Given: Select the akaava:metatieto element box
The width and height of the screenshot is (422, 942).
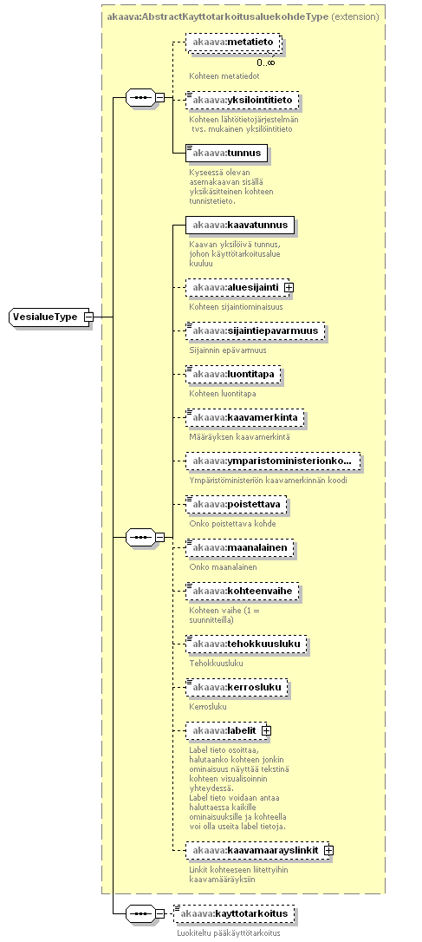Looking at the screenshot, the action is point(233,42).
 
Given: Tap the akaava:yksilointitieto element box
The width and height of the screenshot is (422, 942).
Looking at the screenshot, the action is point(242,100).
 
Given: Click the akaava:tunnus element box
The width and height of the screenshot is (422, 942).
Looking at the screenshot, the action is point(226,154).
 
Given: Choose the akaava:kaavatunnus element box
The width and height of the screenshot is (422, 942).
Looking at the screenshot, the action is point(240,226).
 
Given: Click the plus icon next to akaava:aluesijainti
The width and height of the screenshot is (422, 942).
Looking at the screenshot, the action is point(289,288).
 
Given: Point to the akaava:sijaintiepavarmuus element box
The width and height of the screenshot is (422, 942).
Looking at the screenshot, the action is point(255,331).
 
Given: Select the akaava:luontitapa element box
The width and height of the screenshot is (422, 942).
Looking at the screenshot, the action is point(233,374).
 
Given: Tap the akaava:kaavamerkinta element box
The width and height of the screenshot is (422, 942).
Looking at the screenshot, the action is point(245,417).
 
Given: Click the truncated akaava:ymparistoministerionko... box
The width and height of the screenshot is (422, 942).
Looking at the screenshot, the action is point(274,461).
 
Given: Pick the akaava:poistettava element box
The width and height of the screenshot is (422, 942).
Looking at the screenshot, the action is point(236,504).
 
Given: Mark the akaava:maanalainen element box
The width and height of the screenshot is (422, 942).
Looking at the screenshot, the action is point(240,547).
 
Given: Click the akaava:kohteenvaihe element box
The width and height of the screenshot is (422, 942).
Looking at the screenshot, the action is point(242,591).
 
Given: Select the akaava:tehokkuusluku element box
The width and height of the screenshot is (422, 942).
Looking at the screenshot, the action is point(246,644).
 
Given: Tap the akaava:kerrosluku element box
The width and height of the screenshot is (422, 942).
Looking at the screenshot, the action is point(237,687).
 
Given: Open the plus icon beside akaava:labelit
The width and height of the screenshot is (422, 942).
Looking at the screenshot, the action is point(267,730).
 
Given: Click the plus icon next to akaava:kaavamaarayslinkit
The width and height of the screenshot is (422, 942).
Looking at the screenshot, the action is point(329,851).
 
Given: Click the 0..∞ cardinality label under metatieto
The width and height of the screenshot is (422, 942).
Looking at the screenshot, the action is point(266,62).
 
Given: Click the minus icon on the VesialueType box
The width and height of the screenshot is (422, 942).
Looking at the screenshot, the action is point(88,317).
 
